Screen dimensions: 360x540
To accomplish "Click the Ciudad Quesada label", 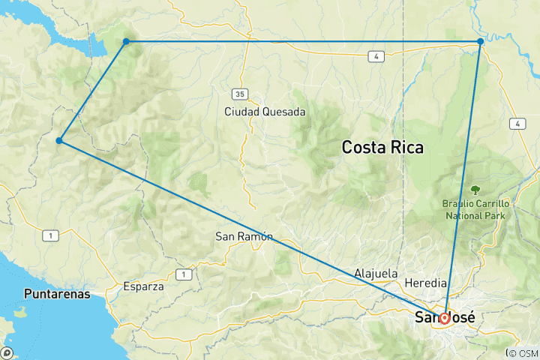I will pos(265,111).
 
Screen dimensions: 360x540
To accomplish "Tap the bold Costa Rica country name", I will pos(382,148).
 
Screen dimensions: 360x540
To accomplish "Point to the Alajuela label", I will pos(376,274).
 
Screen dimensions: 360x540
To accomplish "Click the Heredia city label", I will pos(425,283).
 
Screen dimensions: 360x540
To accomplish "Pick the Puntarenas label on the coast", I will pos(57,293).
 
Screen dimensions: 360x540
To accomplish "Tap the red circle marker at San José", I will pos(444,318).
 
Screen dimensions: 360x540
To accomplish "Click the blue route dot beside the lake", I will pos(126,41).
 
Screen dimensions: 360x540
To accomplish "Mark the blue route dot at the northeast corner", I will pos(480,41).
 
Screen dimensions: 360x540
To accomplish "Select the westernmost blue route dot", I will pos(58,140).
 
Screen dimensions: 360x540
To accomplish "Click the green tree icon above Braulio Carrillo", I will pos(475,190).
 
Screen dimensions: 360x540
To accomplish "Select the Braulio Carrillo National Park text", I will pos(475,209).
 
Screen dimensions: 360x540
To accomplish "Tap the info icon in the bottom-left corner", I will pos(7,352).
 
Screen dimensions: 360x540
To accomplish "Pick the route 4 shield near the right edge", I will pos(517,122).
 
